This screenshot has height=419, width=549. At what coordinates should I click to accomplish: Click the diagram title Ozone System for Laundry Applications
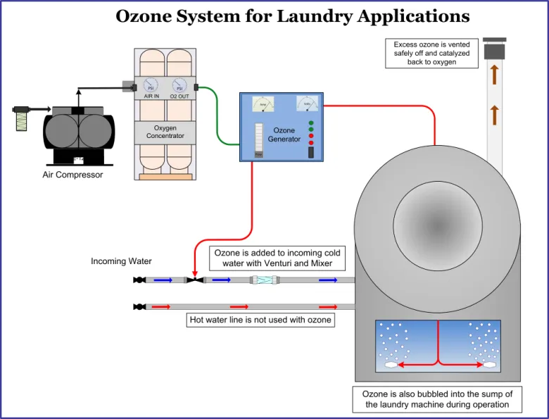coord(292,15)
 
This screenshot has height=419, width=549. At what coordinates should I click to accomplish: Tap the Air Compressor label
coord(72,175)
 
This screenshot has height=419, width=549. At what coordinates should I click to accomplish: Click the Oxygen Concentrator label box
coord(165,132)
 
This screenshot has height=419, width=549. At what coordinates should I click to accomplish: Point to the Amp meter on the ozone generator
coord(263,104)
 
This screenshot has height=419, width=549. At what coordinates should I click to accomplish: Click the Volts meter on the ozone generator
coord(307,104)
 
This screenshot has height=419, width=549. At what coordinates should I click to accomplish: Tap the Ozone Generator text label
coord(284,135)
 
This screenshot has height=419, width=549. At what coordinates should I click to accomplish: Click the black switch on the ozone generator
coord(310,152)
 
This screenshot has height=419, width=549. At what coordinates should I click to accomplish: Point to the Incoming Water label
coord(121,261)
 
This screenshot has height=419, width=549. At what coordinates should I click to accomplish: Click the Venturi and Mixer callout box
coord(277,258)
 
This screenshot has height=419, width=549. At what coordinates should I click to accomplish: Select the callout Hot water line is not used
coord(260,320)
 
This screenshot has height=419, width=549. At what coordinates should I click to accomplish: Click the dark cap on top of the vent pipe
coord(496,50)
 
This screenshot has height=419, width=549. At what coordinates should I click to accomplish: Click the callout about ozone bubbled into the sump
coord(437,399)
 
